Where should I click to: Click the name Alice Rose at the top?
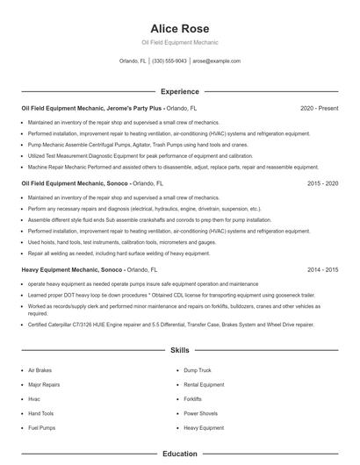click(x=179, y=28)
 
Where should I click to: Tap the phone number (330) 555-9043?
click(x=169, y=61)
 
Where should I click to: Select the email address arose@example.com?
click(x=216, y=61)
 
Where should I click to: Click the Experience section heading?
click(x=179, y=91)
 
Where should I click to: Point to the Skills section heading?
click(x=179, y=350)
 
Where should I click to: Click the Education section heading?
click(x=179, y=454)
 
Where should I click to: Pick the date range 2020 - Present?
click(x=319, y=109)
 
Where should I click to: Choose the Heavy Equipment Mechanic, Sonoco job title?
click(x=72, y=270)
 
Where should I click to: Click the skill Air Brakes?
click(x=40, y=370)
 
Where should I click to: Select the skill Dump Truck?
click(x=198, y=370)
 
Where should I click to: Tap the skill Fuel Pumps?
click(x=41, y=427)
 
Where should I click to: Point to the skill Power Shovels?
click(x=200, y=413)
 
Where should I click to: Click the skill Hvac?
click(x=34, y=399)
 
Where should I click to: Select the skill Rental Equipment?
click(x=204, y=384)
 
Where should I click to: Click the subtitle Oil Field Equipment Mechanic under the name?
click(x=179, y=42)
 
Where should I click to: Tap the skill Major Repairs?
click(x=44, y=384)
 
